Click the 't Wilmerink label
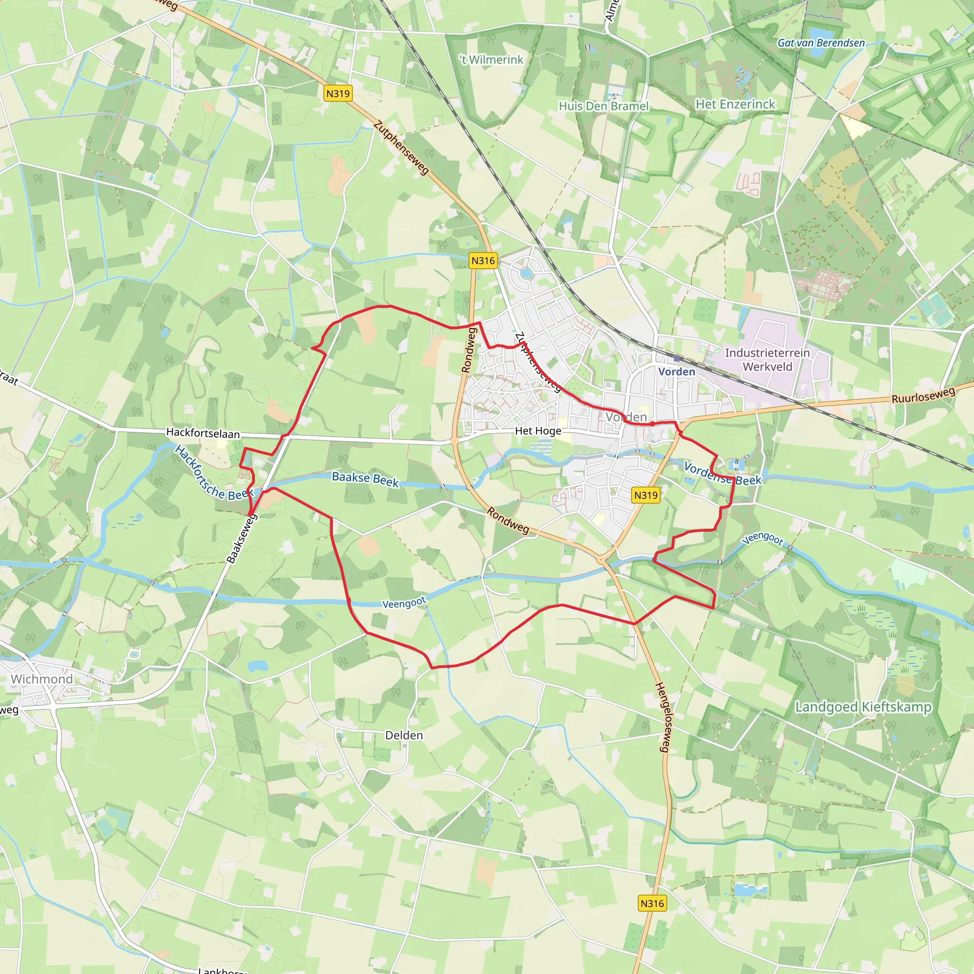pyautogui.click(x=492, y=60)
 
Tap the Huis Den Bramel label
pyautogui.click(x=604, y=106)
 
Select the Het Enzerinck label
pyautogui.click(x=735, y=104)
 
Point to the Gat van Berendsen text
pyautogui.click(x=821, y=43)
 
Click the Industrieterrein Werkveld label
pyautogui.click(x=767, y=360)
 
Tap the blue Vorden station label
pyautogui.click(x=677, y=371)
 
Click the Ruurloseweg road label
pyautogui.click(x=923, y=395)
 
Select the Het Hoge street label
pyautogui.click(x=538, y=431)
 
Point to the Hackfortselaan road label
pyautogui.click(x=203, y=433)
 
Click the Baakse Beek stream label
pyautogui.click(x=365, y=479)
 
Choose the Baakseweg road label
pyautogui.click(x=242, y=538)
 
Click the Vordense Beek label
pyautogui.click(x=722, y=474)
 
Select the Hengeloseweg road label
pyautogui.click(x=662, y=717)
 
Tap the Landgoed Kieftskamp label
pyautogui.click(x=863, y=707)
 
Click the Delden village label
pyautogui.click(x=404, y=735)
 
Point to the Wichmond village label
pyautogui.click(x=42, y=679)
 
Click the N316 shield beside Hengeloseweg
pyautogui.click(x=652, y=903)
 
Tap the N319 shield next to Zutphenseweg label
pyautogui.click(x=338, y=93)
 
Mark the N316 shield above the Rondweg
pyautogui.click(x=483, y=261)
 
